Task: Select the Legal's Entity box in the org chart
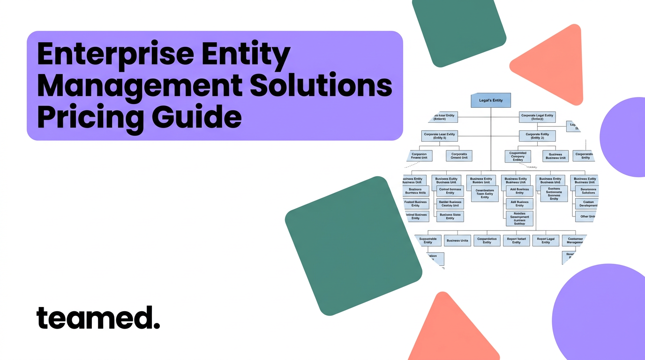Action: [x=490, y=100]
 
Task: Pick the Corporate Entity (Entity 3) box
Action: [x=537, y=136]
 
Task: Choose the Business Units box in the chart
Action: [x=457, y=240]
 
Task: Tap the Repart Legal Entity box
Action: [x=546, y=240]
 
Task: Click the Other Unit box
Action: [x=587, y=216]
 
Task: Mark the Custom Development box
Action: [x=587, y=203]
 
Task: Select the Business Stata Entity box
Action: [x=450, y=216]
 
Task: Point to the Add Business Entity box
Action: [x=519, y=191]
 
